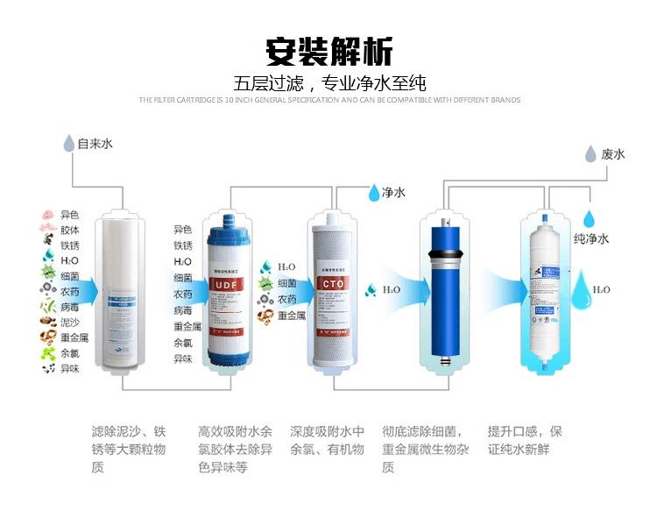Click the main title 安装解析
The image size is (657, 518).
click(328, 48)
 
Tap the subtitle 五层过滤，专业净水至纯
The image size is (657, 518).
click(328, 84)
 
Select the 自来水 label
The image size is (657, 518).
click(95, 143)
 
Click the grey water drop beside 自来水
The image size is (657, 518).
click(68, 144)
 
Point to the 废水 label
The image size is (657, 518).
click(613, 154)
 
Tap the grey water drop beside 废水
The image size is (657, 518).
click(590, 155)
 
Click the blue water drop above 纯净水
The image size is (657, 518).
click(592, 217)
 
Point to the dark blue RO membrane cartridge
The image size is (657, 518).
click(443, 289)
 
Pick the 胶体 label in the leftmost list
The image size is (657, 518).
click(69, 231)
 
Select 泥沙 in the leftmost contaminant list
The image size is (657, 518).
click(69, 322)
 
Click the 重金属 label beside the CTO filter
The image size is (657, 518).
click(291, 315)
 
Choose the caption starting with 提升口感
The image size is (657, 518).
click(525, 440)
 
